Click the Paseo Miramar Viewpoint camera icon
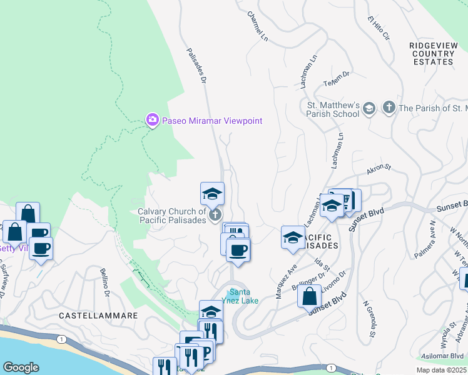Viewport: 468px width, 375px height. point(152,120)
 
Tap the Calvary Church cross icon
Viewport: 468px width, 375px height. point(215,216)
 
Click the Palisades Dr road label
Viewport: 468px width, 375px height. point(196,64)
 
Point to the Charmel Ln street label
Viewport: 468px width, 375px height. point(257,27)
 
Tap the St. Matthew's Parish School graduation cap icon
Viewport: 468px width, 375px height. point(369,109)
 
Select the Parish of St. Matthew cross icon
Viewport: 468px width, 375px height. point(389,108)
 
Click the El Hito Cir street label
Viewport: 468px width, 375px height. point(379,29)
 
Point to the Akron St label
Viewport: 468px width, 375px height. point(379,169)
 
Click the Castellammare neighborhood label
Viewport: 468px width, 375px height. point(98,316)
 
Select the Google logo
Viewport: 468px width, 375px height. point(21,367)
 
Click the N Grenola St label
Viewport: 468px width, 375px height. point(368,319)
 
